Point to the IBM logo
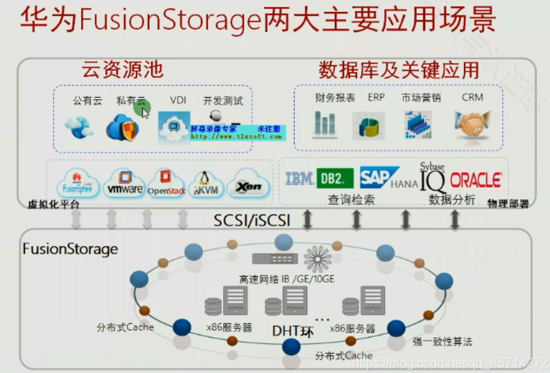coord(299,179)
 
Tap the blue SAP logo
coord(379,177)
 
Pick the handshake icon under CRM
coord(472,125)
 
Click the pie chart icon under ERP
coord(369,125)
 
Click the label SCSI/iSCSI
coord(252,220)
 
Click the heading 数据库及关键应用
coord(398,70)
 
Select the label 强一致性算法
coord(442,341)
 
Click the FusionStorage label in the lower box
coord(70,249)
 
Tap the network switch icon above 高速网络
coord(275,258)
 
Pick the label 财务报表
coord(335,98)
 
